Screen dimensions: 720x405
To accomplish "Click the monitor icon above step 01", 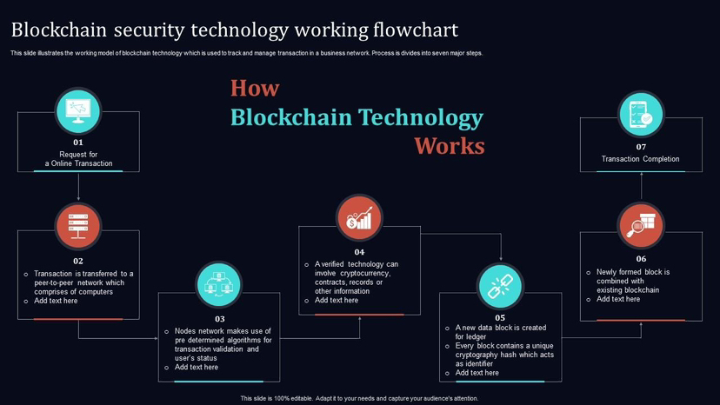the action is pyautogui.click(x=78, y=110).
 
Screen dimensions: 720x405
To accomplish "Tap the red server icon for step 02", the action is pyautogui.click(x=78, y=226).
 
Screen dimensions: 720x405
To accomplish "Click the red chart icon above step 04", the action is pyautogui.click(x=359, y=217).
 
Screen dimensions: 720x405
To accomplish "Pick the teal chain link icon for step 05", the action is pyautogui.click(x=500, y=286).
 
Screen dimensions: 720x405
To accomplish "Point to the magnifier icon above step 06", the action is pyautogui.click(x=641, y=225).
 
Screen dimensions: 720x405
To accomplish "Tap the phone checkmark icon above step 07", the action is pyautogui.click(x=641, y=114).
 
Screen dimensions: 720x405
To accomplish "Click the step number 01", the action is pyautogui.click(x=78, y=143).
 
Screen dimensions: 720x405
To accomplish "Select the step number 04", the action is pyautogui.click(x=359, y=252).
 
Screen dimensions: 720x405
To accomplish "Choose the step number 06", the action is pyautogui.click(x=641, y=259).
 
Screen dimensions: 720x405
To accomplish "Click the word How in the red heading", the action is pyautogui.click(x=255, y=89).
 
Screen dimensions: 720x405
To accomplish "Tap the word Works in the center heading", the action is pyautogui.click(x=449, y=145).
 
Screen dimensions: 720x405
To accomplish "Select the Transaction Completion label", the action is pyautogui.click(x=641, y=159).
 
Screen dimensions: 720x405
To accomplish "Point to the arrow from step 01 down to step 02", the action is pyautogui.click(x=78, y=187).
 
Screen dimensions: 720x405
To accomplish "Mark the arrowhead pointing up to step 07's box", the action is pyautogui.click(x=641, y=174).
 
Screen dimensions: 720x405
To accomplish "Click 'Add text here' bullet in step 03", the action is pyautogui.click(x=197, y=367).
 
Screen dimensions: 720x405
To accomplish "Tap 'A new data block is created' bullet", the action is pyautogui.click(x=501, y=328).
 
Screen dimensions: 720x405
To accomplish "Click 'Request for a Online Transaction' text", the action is pyautogui.click(x=78, y=159).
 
